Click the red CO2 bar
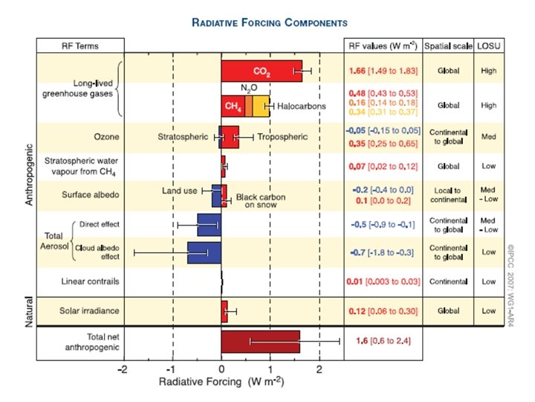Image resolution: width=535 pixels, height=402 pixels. pos(260,71)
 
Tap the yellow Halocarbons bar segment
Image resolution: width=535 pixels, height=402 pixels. pos(261,106)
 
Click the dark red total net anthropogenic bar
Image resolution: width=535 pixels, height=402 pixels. pos(260,341)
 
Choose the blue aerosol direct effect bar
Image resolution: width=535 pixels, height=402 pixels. pos(209,224)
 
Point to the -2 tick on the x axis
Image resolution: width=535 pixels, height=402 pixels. pos(123,370)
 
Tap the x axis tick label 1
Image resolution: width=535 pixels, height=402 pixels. pos(270,370)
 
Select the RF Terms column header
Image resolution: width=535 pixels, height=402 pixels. pos(80,45)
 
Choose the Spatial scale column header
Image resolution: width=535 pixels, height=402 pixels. pos(448,45)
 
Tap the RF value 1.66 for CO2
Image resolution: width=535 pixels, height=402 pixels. pos(360,71)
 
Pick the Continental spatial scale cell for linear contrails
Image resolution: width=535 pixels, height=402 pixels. pos(448,282)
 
